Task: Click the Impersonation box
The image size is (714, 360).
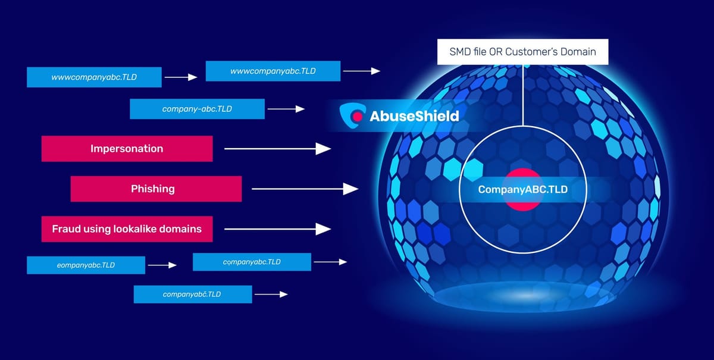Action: [x=127, y=149]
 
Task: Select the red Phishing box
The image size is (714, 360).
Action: [x=156, y=189]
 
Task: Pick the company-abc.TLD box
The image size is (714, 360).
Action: [x=197, y=109]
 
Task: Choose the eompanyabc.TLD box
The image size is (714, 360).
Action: [x=86, y=265]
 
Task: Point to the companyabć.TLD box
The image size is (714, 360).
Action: [x=193, y=294]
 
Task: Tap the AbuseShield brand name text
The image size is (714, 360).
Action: [x=415, y=115]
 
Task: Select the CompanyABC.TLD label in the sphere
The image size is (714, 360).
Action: [x=524, y=190]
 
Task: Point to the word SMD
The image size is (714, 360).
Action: [x=462, y=51]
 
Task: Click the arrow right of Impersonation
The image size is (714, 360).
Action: [x=277, y=149]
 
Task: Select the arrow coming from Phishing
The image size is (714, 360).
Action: [x=305, y=189]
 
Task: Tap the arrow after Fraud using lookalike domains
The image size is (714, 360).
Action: [x=277, y=229]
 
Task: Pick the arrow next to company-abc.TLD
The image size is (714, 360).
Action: [x=286, y=109]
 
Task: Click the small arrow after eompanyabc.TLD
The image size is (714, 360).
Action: [x=162, y=265]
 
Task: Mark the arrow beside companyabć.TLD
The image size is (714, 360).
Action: [x=271, y=294]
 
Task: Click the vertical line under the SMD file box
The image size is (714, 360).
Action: [x=524, y=95]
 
